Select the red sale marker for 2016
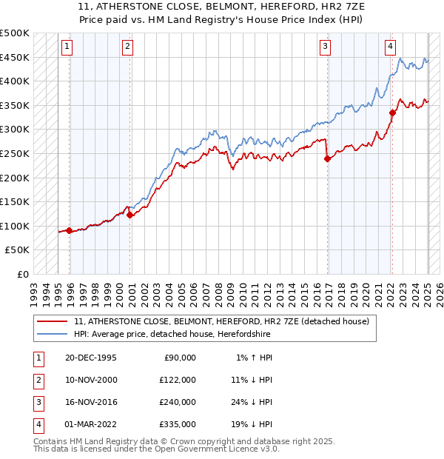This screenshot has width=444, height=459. point(326,158)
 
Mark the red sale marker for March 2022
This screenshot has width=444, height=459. point(393,113)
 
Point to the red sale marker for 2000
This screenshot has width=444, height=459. point(129,215)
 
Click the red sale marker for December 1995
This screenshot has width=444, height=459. point(69,230)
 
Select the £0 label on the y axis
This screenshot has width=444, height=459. point(22,274)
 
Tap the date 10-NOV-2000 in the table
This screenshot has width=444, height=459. point(91,379)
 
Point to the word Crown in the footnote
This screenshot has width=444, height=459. point(173,441)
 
